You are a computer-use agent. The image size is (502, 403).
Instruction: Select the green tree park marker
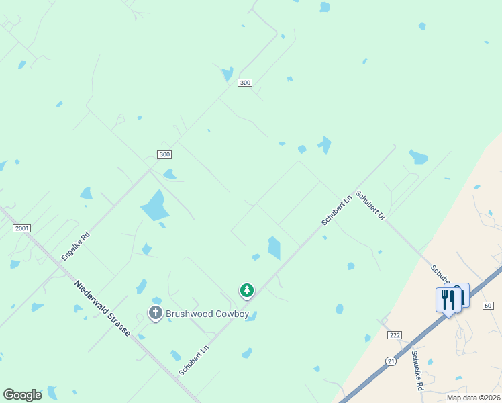pyautogui.click(x=247, y=290)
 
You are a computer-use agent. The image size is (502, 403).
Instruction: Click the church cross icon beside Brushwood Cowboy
pyautogui.click(x=156, y=312)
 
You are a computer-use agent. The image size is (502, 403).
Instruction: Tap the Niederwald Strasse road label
pyautogui.click(x=102, y=308)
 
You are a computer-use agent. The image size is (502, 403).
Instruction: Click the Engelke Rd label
pyautogui.click(x=75, y=247)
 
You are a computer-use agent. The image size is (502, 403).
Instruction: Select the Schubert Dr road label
pyautogui.click(x=370, y=206)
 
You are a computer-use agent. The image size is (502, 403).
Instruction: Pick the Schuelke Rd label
pyautogui.click(x=417, y=371)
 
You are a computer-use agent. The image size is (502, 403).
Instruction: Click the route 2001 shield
pyautogui.click(x=21, y=228)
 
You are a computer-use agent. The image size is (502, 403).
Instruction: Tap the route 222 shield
pyautogui.click(x=395, y=334)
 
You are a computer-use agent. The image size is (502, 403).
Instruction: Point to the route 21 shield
pyautogui.click(x=391, y=361)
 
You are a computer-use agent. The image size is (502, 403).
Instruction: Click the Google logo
pyautogui.click(x=22, y=395)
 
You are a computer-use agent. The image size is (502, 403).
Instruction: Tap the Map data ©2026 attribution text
pyautogui.click(x=474, y=398)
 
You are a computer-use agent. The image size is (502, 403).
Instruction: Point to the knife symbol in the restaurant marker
pyautogui.click(x=452, y=300)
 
